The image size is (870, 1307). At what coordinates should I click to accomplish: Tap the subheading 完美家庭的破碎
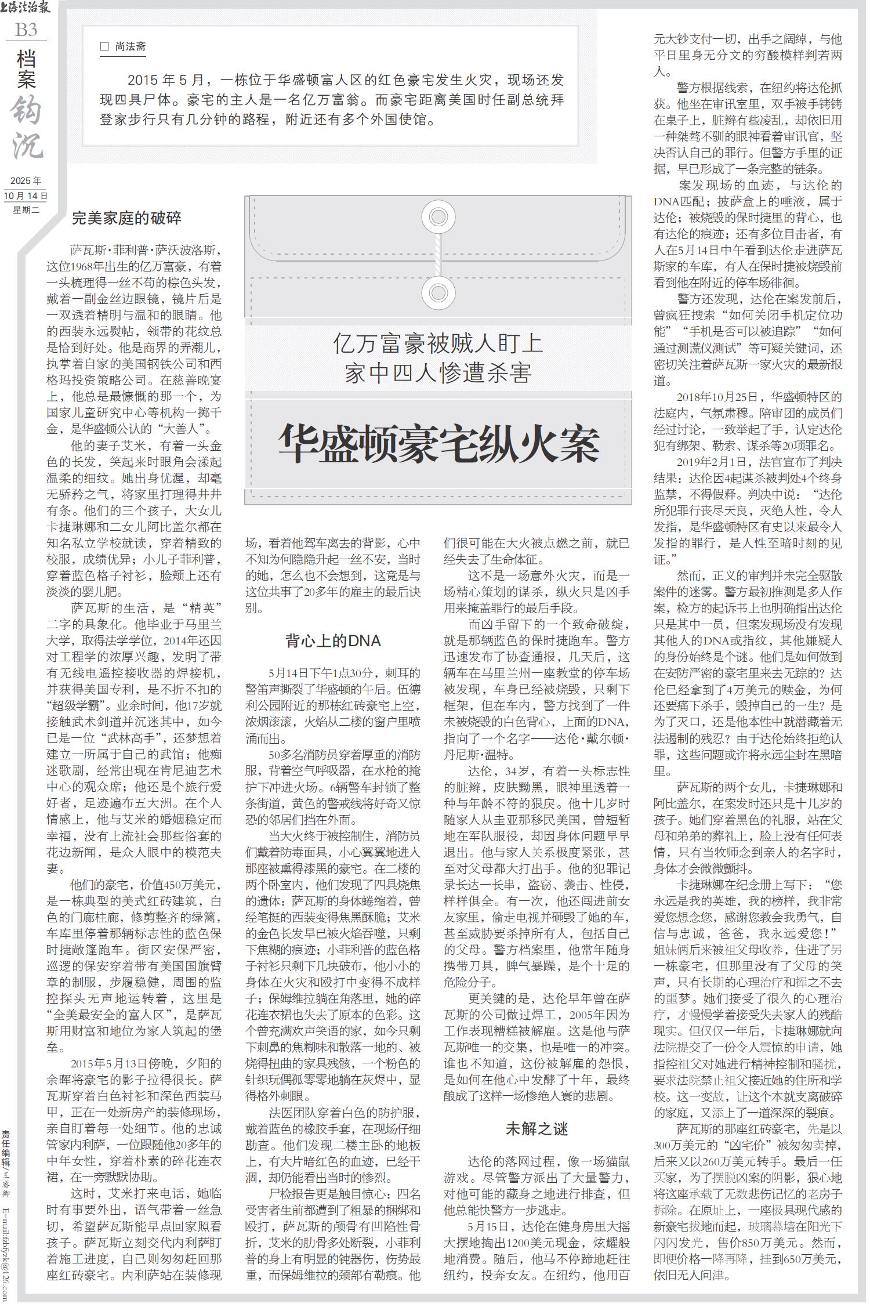click(126, 218)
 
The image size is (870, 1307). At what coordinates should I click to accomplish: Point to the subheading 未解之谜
click(536, 1128)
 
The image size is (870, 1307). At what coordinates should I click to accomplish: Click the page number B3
click(26, 30)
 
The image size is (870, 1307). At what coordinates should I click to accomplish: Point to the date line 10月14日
click(26, 196)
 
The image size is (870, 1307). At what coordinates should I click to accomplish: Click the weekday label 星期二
click(26, 209)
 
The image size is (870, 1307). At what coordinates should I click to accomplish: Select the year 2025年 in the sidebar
click(26, 182)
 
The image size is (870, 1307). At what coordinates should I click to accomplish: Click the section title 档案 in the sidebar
click(26, 69)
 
